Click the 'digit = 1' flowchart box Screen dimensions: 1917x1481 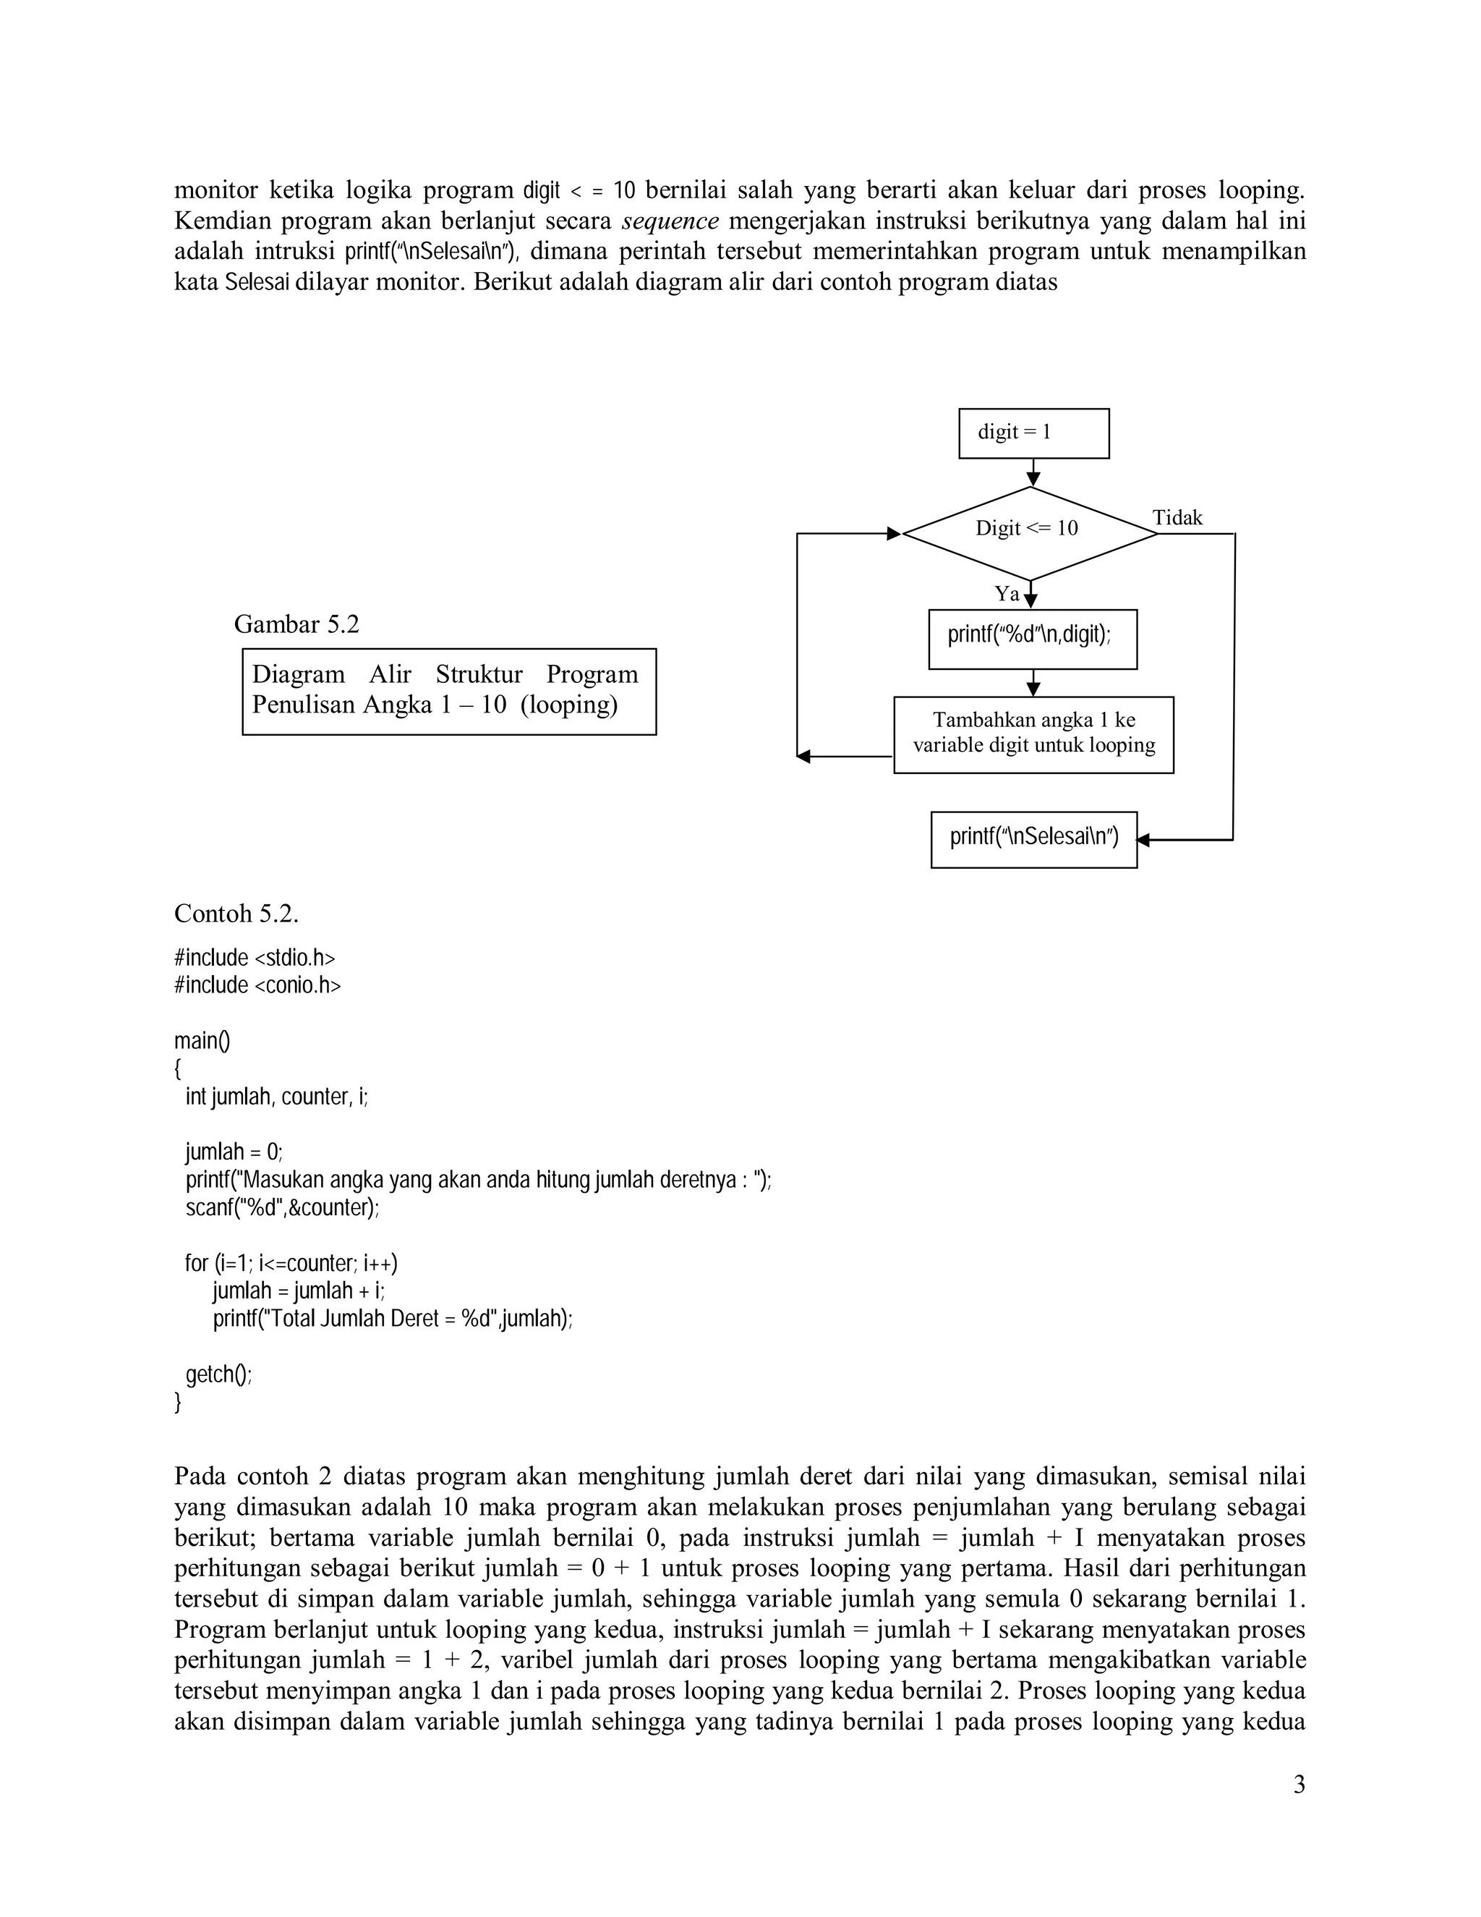pyautogui.click(x=1033, y=433)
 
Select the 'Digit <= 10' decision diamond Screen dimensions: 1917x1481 pyautogui.click(x=1029, y=533)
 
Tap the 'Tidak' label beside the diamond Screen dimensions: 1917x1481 pyautogui.click(x=1177, y=518)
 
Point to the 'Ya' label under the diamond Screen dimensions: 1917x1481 pyautogui.click(x=1007, y=594)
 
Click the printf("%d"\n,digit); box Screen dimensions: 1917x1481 pyautogui.click(x=1032, y=639)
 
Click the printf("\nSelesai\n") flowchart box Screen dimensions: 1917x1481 pyautogui.click(x=1033, y=839)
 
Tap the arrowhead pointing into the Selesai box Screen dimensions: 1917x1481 pyautogui.click(x=1143, y=840)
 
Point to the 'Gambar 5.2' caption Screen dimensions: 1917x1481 pyautogui.click(x=296, y=624)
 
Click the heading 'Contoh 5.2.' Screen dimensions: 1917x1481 pyautogui.click(x=236, y=914)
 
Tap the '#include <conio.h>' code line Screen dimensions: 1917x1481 pyautogui.click(x=257, y=985)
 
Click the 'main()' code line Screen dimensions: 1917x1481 pyautogui.click(x=202, y=1041)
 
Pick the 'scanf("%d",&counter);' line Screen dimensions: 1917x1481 pyautogui.click(x=283, y=1208)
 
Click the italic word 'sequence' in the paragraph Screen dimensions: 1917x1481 pyautogui.click(x=670, y=221)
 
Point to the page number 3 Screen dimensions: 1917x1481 pyautogui.click(x=1299, y=1785)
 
